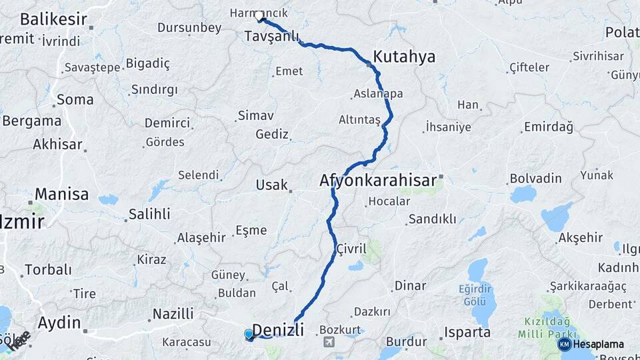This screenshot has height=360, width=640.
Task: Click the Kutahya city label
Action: pyautogui.click(x=404, y=57)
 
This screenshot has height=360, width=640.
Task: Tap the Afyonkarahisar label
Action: pyautogui.click(x=377, y=180)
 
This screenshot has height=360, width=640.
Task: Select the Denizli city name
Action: pyautogui.click(x=279, y=329)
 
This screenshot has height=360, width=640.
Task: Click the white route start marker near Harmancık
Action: pyautogui.click(x=259, y=15)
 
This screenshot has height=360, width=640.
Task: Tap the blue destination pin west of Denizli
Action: pyautogui.click(x=249, y=334)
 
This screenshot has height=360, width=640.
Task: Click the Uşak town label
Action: pyautogui.click(x=271, y=185)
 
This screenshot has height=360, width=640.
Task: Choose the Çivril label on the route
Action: pyautogui.click(x=351, y=249)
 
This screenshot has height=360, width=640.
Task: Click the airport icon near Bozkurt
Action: pyautogui.click(x=329, y=342)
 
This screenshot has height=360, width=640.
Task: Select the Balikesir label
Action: pyautogui.click(x=44, y=19)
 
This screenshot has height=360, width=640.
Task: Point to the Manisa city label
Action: pyautogui.click(x=61, y=195)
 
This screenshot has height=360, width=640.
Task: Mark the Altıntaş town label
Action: pyautogui.click(x=359, y=119)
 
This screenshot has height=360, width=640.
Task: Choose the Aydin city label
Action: pyautogui.click(x=59, y=323)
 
